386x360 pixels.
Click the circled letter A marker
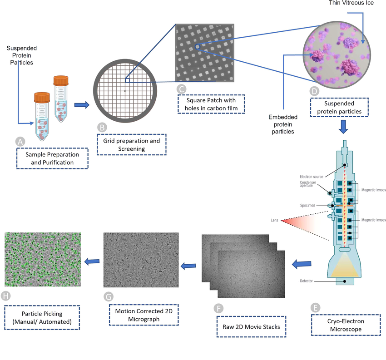click(20, 142)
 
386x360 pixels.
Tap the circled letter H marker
click(6, 296)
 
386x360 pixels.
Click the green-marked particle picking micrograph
click(43, 260)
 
